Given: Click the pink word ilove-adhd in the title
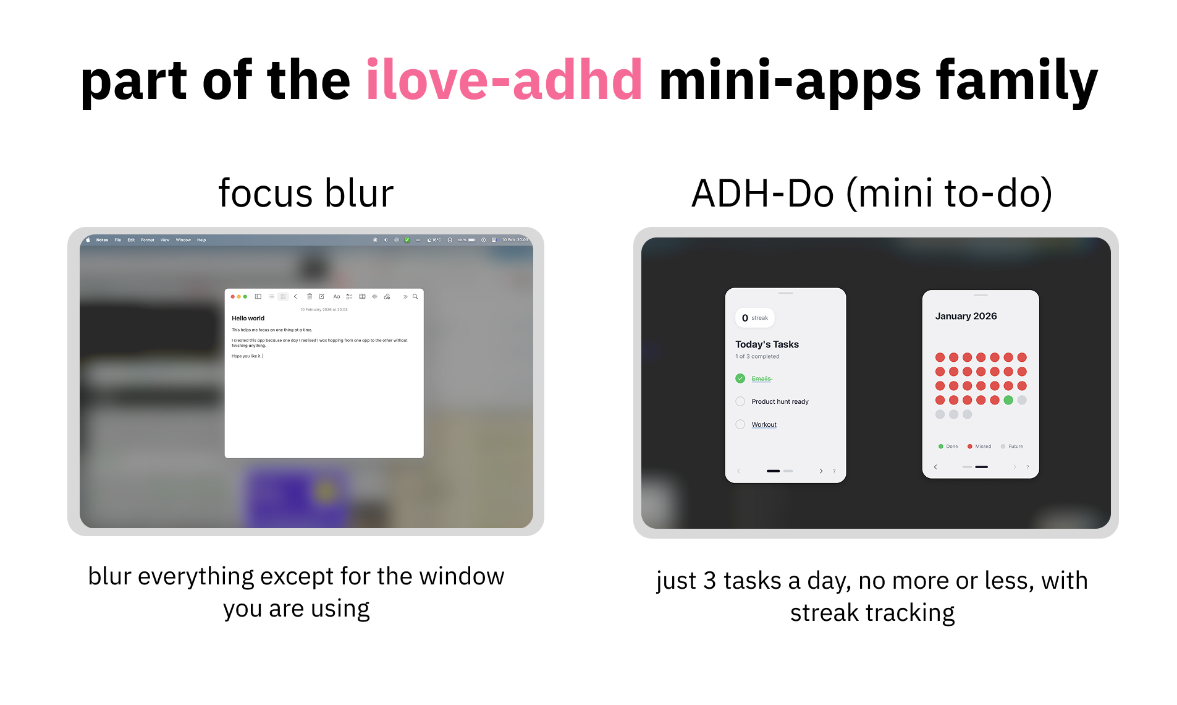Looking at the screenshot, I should [504, 80].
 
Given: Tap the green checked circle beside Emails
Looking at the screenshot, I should [740, 378].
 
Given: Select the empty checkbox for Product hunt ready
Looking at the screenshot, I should [740, 401].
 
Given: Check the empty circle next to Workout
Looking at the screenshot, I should [740, 424].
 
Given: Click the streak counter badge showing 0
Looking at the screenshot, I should [754, 318].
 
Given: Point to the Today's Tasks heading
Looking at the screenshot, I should [767, 344].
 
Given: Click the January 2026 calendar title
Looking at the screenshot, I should [966, 316].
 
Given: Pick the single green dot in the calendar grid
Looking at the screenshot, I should [1008, 400].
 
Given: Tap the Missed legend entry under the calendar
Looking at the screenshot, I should [979, 446].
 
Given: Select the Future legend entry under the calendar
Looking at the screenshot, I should [1012, 446].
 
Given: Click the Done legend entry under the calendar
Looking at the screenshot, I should [948, 446].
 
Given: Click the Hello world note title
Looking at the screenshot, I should [248, 318].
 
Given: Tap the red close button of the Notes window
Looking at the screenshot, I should [233, 297].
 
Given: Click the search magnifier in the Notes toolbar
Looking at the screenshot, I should [415, 297].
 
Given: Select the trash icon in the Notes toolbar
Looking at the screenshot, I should [310, 297].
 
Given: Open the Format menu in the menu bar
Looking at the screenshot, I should [147, 240].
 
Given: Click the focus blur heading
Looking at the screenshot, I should [306, 193].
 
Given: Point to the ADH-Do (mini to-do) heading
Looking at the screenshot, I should [872, 193].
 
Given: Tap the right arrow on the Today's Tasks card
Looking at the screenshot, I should [821, 471].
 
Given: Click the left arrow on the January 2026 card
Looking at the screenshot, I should [935, 467].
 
